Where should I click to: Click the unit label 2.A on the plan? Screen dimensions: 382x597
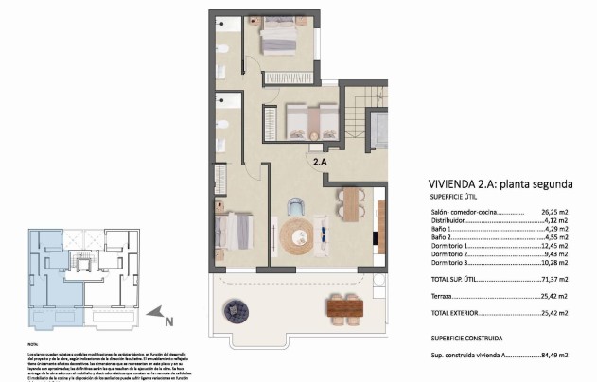321,162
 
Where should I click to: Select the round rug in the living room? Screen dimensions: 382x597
302,232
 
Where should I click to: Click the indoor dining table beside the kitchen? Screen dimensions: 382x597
352,203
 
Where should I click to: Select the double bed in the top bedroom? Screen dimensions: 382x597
278,39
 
